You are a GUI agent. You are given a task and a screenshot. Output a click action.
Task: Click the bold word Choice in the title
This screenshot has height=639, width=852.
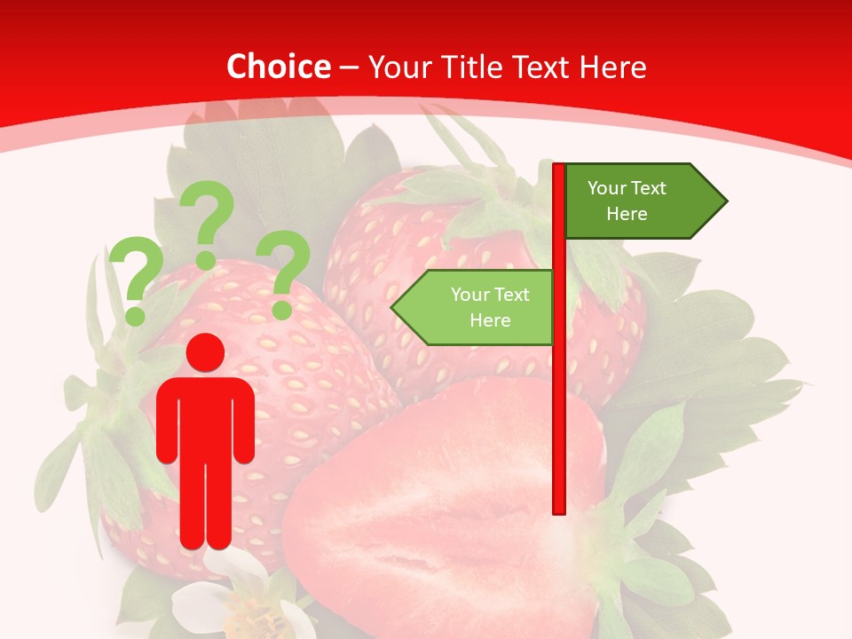point(278,67)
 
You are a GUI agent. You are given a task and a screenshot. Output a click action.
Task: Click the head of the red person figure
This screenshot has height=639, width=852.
point(206,352)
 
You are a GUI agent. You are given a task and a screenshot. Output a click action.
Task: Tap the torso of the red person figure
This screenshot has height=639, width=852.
point(206,417)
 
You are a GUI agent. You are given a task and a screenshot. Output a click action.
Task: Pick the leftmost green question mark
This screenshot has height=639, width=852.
point(136,271)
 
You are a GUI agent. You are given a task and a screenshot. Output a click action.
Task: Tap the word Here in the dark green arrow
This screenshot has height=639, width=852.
point(627,214)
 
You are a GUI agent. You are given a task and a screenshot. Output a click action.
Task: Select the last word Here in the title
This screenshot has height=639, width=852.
point(612,67)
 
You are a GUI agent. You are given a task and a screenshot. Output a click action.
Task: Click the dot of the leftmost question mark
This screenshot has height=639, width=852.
point(135,315)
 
